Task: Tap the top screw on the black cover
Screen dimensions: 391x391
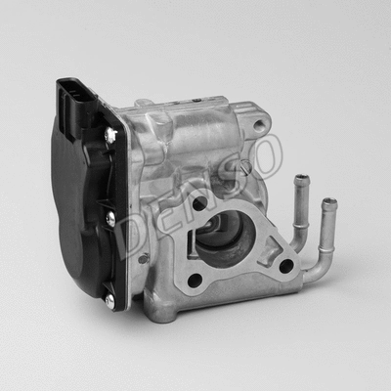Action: (x=110, y=136)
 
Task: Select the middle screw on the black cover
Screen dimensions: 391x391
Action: (x=109, y=220)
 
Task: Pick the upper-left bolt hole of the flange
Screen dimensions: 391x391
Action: (x=199, y=203)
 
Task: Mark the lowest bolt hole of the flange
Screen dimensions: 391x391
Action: (x=195, y=281)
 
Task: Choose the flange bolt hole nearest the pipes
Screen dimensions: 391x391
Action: (x=285, y=265)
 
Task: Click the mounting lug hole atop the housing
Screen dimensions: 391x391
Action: (x=258, y=124)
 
